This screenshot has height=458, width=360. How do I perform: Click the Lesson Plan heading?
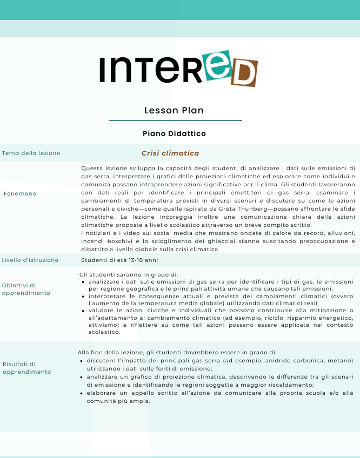174,110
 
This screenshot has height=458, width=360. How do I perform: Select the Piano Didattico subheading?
174,133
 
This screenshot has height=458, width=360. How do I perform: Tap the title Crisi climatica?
170,153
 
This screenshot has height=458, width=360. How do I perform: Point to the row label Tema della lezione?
31,153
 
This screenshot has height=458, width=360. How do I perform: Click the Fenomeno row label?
20,193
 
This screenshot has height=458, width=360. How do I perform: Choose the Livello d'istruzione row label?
30,260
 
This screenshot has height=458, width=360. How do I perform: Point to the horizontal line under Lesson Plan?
175,120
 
